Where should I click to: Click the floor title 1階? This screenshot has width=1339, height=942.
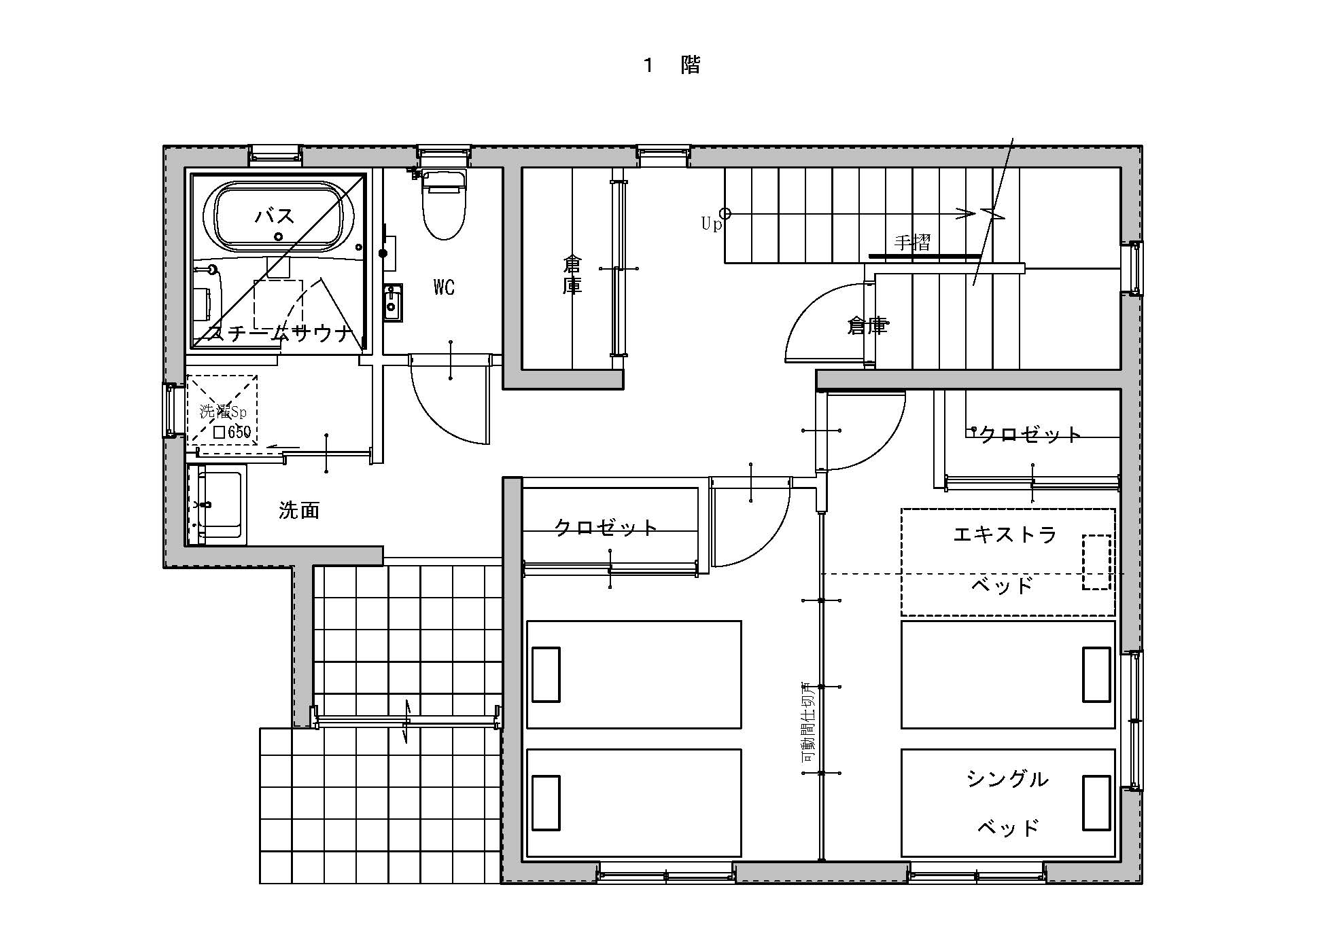(x=672, y=65)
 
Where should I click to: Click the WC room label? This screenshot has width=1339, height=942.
(x=444, y=287)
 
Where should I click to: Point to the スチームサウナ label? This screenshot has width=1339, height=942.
(x=280, y=333)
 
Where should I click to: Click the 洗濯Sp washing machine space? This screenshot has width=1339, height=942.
(x=222, y=411)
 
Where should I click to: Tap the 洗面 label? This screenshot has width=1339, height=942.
(x=299, y=511)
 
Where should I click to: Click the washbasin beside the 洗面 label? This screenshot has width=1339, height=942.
(x=218, y=506)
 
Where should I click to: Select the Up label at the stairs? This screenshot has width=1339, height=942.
(x=711, y=224)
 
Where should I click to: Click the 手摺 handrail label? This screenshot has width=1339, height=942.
(x=912, y=242)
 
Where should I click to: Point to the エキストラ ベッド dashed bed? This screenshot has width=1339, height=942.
(x=1007, y=562)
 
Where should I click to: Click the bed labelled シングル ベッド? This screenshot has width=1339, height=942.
(x=1007, y=803)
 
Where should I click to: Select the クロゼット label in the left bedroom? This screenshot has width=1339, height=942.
(x=606, y=528)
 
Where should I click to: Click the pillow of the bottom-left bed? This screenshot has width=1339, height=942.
(x=546, y=803)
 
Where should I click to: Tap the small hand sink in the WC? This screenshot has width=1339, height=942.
(x=392, y=304)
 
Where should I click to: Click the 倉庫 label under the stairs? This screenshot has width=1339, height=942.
(x=867, y=327)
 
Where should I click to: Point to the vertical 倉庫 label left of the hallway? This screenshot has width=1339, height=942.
(x=572, y=274)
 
